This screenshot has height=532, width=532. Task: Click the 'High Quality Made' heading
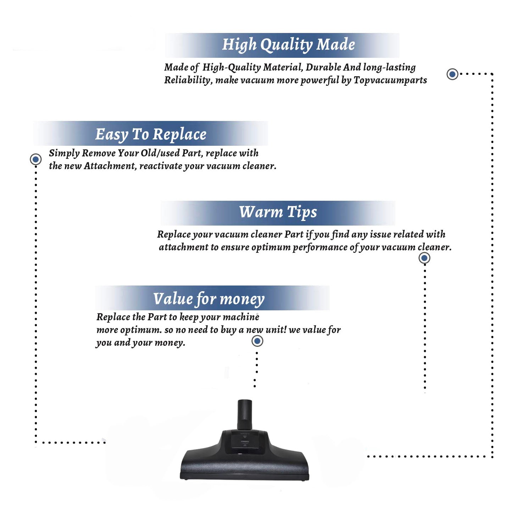288,45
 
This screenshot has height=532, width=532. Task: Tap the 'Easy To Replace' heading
151,135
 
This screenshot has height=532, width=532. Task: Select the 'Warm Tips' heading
278,212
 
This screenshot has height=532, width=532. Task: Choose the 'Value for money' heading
209,299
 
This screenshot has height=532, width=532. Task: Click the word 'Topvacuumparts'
390,81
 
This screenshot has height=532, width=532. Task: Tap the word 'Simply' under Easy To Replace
64,154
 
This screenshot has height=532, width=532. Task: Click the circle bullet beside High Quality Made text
452,74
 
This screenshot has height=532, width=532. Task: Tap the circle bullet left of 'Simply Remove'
35,159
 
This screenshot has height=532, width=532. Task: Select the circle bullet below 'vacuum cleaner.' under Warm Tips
424,258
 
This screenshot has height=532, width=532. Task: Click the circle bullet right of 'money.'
257,341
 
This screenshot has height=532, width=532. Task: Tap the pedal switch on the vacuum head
245,442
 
